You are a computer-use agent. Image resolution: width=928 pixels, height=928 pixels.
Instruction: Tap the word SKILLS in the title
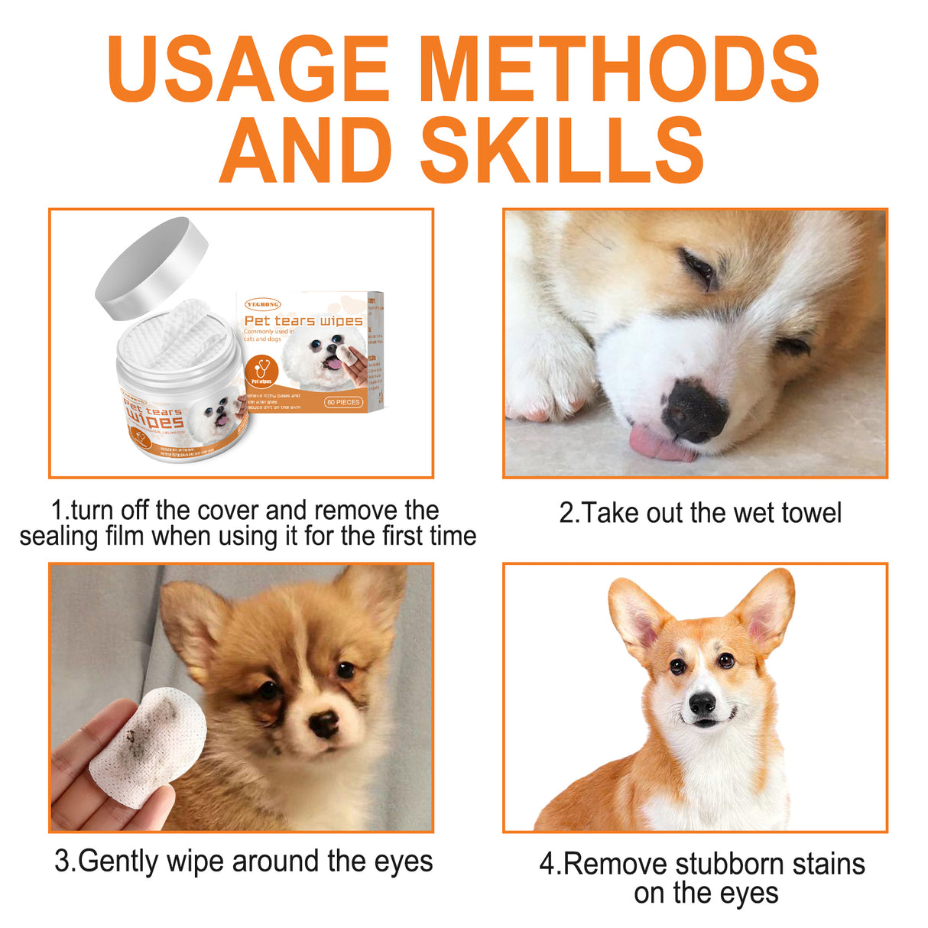[x=562, y=151]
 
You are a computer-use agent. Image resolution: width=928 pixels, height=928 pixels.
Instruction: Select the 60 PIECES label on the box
[x=343, y=402]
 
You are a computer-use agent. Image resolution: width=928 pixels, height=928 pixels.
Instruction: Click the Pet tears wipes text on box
[x=303, y=321]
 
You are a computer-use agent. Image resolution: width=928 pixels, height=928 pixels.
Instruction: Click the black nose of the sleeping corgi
[x=694, y=411]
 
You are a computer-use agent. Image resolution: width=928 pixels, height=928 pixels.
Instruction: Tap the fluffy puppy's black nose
[x=324, y=723]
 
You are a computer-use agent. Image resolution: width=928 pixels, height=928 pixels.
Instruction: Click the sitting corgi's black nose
[x=702, y=703]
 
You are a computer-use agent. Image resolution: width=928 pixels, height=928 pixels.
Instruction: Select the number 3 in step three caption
[x=62, y=861]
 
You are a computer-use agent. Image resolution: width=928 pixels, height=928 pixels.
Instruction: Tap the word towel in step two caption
[x=807, y=513]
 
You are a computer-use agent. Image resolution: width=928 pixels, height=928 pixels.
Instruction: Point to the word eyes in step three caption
[x=403, y=861]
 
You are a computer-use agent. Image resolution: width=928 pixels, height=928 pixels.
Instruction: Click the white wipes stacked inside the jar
[x=177, y=336]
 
